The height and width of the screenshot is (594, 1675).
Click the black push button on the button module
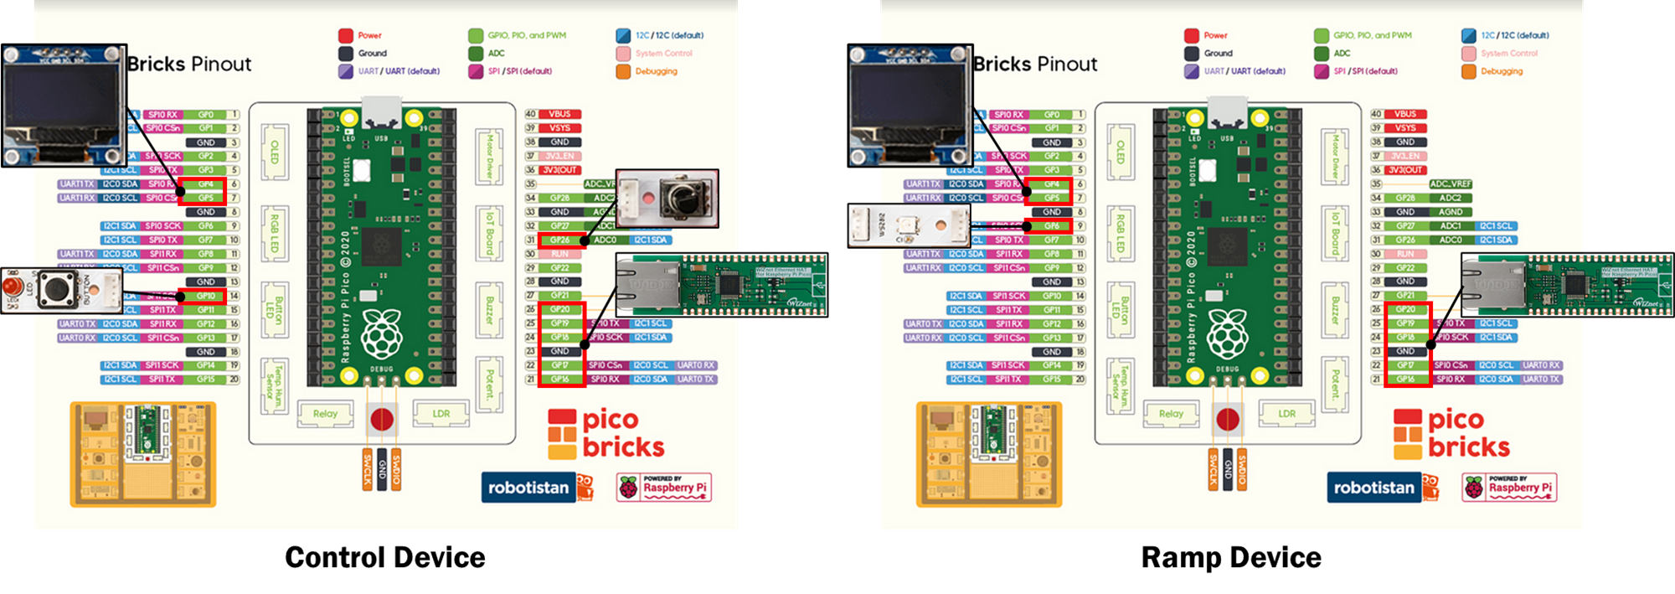pyautogui.click(x=55, y=289)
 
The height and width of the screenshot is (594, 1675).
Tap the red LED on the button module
pyautogui.click(x=11, y=288)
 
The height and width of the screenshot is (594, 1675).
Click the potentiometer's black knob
pyautogui.click(x=685, y=199)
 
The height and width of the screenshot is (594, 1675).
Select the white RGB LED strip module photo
pyautogui.click(x=909, y=225)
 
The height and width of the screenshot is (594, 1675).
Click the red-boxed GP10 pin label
pyautogui.click(x=205, y=296)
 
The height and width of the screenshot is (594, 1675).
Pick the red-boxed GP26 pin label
pyautogui.click(x=559, y=240)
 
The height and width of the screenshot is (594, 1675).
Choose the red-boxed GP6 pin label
pyautogui.click(x=1051, y=225)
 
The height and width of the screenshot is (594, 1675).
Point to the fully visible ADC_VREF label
pyautogui.click(x=1450, y=183)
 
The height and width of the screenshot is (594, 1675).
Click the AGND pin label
pyautogui.click(x=1450, y=212)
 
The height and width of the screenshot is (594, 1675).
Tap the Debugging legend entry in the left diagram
pyautogui.click(x=655, y=71)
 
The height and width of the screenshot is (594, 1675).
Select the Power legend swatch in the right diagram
pyautogui.click(x=1191, y=35)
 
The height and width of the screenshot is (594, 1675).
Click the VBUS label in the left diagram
pyautogui.click(x=559, y=114)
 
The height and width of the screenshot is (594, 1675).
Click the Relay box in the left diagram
pyautogui.click(x=325, y=413)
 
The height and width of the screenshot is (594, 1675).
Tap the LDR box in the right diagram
pyautogui.click(x=1286, y=413)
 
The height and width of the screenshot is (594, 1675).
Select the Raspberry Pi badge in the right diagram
pyautogui.click(x=1510, y=487)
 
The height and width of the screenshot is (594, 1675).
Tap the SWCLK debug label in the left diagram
pyautogui.click(x=367, y=469)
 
